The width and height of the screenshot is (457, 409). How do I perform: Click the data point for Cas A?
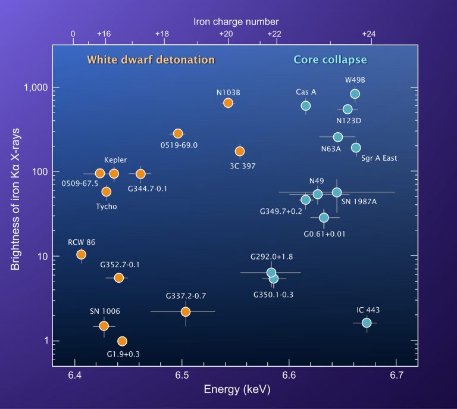click(306, 106)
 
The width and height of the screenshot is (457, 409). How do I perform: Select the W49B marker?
click(355, 94)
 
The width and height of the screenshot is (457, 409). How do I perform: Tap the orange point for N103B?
click(228, 103)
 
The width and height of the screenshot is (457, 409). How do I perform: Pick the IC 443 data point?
click(367, 323)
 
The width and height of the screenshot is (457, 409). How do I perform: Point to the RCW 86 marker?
click(82, 255)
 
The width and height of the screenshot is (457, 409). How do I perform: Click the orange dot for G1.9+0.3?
click(122, 341)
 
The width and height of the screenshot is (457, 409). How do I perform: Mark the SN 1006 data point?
click(104, 326)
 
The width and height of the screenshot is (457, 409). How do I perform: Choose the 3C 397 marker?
click(240, 151)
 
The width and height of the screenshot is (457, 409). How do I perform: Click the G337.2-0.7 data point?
click(185, 311)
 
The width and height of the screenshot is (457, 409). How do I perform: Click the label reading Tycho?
click(106, 207)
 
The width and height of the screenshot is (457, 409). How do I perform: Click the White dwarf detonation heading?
click(151, 60)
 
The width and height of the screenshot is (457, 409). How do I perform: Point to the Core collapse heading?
click(330, 60)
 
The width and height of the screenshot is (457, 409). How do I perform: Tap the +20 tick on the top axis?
click(226, 35)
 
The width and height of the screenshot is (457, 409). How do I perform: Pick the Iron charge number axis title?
click(236, 21)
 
